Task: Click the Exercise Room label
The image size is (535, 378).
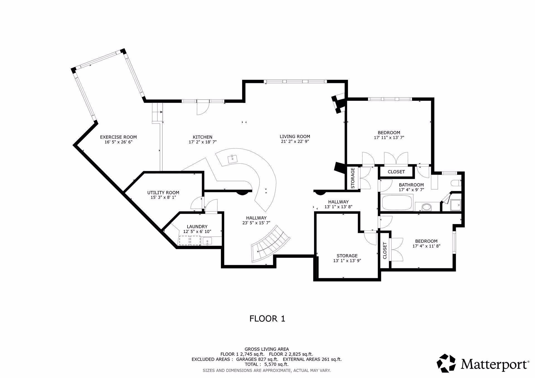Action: pos(118,137)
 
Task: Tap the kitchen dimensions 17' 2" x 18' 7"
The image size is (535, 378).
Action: pos(203,142)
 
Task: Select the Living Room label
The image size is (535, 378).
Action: pos(295,136)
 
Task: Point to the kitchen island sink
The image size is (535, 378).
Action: pos(232,159)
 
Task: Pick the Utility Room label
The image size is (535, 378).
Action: pos(163,193)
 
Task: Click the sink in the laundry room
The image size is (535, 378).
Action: pos(207,241)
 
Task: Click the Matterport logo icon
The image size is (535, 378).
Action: pos(446,363)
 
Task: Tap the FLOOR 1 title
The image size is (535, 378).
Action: pos(267,318)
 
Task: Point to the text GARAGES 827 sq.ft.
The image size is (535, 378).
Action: pos(257,359)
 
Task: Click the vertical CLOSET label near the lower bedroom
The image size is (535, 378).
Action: pos(385,251)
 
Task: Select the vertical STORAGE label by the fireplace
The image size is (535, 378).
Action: pos(353,178)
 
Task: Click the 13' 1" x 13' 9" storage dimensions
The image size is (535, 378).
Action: pos(347,261)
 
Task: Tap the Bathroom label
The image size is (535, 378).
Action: pos(411,185)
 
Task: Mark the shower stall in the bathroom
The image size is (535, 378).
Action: pos(455,205)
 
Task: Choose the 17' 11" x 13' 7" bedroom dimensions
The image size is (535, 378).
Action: pos(389,138)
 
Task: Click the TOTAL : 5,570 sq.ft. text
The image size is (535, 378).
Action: pos(267,364)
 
